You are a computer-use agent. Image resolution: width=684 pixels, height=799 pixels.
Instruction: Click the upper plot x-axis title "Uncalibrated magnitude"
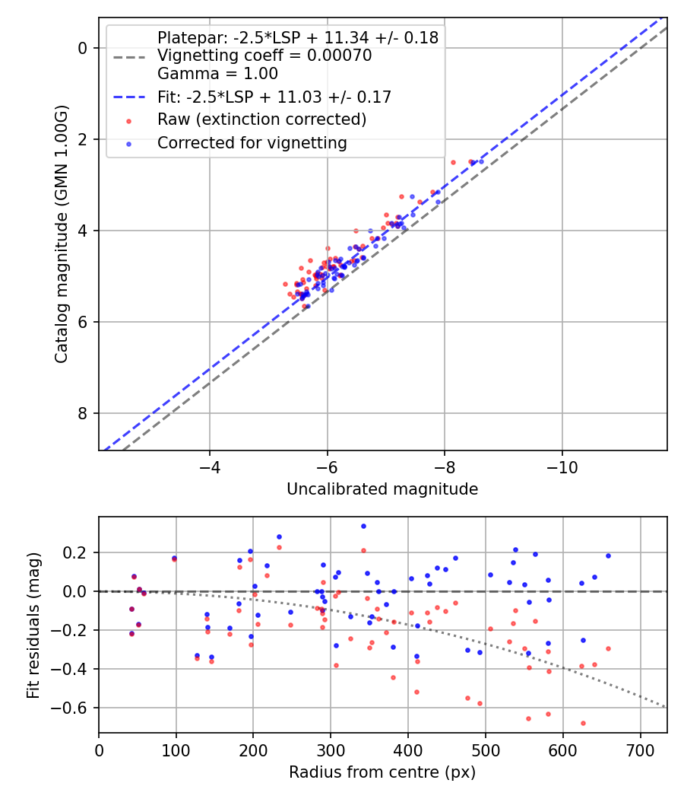coord(382,489)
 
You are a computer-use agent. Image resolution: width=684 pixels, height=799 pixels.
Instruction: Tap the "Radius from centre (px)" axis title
coord(382,772)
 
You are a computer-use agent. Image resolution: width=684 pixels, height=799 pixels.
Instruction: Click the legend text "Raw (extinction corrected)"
coord(261,120)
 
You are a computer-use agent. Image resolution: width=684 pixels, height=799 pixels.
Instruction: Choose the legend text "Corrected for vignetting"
coord(252,143)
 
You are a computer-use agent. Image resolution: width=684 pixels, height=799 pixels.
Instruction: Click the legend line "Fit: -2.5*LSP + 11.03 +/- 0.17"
coord(274,97)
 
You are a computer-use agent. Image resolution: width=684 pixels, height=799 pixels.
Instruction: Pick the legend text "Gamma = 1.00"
coord(217,74)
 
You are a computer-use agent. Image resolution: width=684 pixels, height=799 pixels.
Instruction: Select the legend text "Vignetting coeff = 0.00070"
coord(264,56)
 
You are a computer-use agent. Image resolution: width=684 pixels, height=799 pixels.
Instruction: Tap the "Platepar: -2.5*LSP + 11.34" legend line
coord(297,38)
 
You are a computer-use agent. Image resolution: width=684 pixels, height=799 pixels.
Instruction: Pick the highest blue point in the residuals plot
coord(363,526)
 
